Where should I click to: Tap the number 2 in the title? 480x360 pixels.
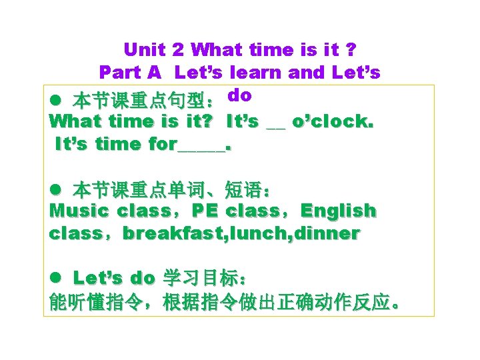click(178, 49)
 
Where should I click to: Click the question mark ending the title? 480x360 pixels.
click(351, 49)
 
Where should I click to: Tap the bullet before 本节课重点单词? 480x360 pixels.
click(56, 191)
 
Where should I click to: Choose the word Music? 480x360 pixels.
click(79, 211)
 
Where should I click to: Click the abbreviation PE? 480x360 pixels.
click(205, 211)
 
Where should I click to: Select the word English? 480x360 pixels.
click(338, 211)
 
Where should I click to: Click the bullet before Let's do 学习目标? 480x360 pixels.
click(56, 279)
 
